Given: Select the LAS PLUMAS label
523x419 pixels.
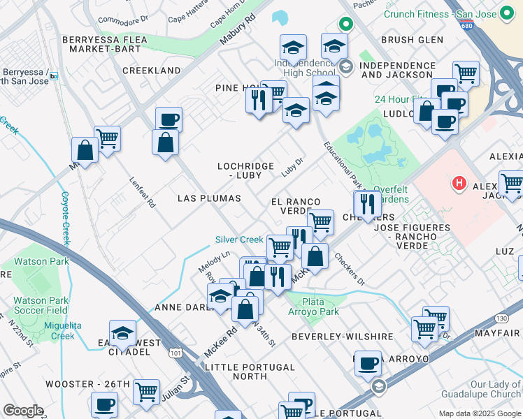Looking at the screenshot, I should point(209,198).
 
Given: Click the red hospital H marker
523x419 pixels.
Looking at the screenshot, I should point(459,184).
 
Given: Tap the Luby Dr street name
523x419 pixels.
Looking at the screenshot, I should point(292,166).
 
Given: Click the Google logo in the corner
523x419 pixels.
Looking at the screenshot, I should point(23,411).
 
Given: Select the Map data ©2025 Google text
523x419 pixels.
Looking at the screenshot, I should point(479,413).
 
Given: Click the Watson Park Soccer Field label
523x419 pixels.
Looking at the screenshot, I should point(39,305).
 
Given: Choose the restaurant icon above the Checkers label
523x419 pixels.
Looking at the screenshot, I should point(367,203).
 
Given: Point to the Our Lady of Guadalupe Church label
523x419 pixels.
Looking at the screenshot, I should point(495,389).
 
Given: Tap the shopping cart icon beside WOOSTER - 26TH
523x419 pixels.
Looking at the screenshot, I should point(146,392).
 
